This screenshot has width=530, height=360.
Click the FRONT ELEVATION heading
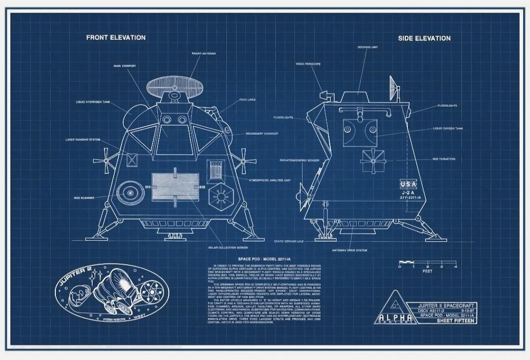(116, 37)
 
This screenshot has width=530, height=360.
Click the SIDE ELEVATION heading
(424, 38)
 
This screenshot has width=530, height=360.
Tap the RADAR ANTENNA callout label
(204, 53)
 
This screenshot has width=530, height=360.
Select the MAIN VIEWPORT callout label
(125, 66)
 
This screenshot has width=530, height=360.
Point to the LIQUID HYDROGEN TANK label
(93, 102)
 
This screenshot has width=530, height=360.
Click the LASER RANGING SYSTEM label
(83, 140)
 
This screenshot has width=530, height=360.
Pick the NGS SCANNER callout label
(84, 198)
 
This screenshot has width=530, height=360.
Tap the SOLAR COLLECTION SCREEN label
(228, 248)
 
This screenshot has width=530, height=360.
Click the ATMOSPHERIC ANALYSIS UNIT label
(270, 180)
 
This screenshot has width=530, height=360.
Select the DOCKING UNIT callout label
(368, 47)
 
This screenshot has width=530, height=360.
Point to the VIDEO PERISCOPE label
(308, 64)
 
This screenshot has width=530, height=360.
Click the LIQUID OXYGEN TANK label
(448, 129)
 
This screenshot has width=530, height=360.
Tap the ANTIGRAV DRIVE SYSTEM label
(349, 250)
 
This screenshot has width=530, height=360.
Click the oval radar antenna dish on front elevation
(170, 85)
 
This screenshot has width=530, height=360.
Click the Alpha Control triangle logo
(394, 308)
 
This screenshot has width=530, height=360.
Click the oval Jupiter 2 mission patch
(112, 294)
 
